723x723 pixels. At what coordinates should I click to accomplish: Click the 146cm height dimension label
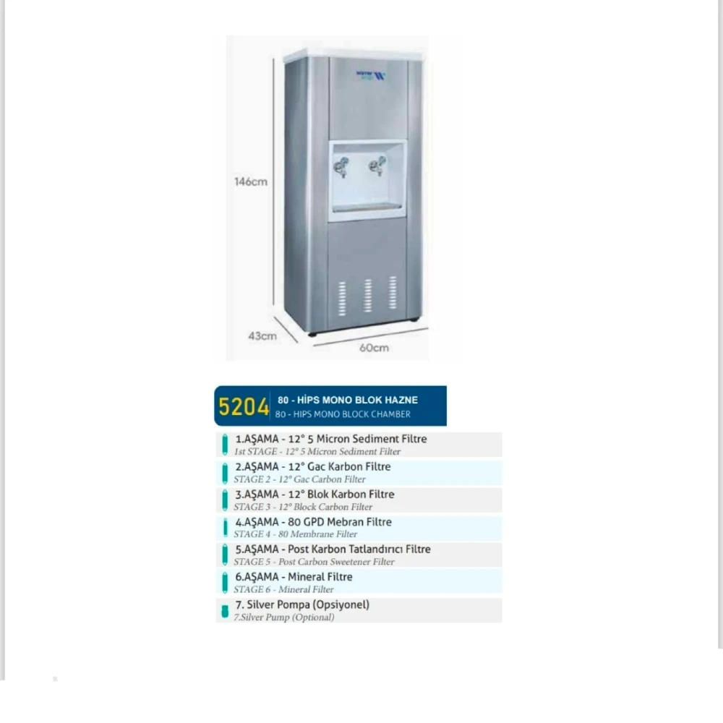(250, 181)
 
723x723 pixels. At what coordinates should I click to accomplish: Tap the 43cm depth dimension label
(262, 335)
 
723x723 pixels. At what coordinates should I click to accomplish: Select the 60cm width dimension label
(374, 348)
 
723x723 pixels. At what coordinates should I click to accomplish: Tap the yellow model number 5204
(243, 407)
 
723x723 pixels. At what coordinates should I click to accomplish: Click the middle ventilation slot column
(367, 295)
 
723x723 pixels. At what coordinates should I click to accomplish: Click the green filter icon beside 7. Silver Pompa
(225, 611)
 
